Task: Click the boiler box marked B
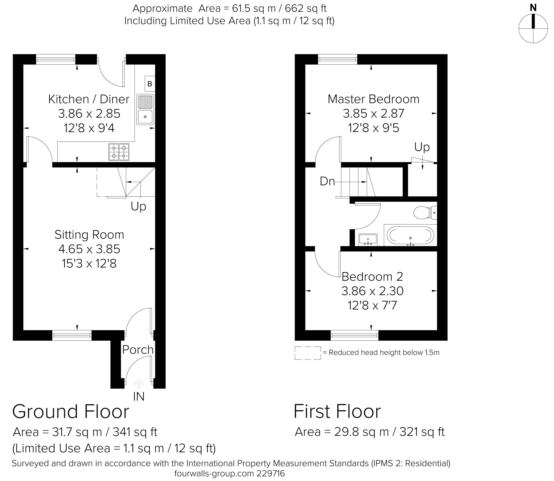click(x=150, y=84)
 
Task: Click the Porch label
click(x=138, y=350)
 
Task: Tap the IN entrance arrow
click(x=139, y=384)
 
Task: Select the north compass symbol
click(x=533, y=28)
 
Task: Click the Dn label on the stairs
click(x=327, y=182)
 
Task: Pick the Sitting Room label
click(x=89, y=235)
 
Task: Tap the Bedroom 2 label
click(x=372, y=277)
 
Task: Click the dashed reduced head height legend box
click(x=308, y=353)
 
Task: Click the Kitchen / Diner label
click(x=89, y=99)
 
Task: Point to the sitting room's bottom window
click(x=72, y=335)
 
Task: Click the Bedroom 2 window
click(x=355, y=335)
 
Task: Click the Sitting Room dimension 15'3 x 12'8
click(x=89, y=264)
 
